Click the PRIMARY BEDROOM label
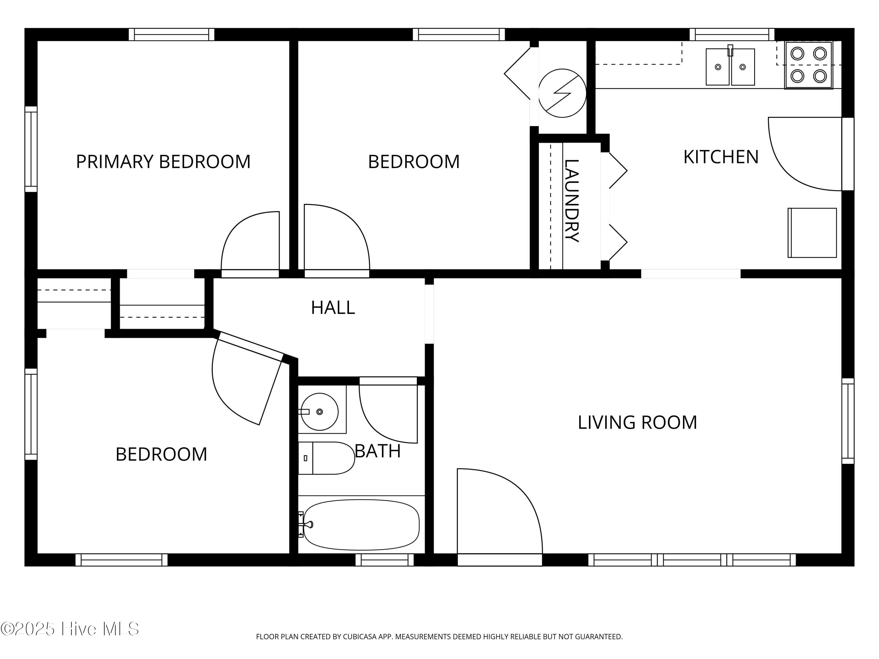[x=163, y=162]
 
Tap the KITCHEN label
[x=721, y=157]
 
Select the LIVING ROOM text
[x=637, y=422]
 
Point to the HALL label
[x=333, y=308]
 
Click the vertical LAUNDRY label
[x=571, y=201]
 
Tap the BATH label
[x=377, y=451]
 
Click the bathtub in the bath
[x=361, y=525]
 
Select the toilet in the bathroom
[x=326, y=458]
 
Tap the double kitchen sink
[x=730, y=67]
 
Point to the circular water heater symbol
[x=562, y=93]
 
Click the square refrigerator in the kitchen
[x=812, y=233]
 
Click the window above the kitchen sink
[x=732, y=35]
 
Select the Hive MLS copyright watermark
[x=70, y=629]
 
